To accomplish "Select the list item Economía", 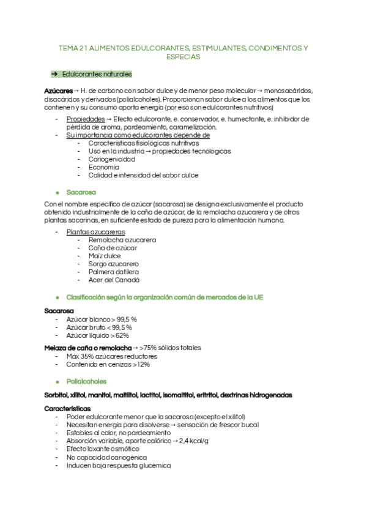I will pos(103,166).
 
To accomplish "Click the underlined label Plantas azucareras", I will pos(95,232).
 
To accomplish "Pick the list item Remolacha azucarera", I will pos(122,240).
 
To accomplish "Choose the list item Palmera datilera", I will pos(114,272).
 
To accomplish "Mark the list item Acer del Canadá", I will pos(114,280).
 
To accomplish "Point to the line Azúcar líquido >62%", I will pos(97,335).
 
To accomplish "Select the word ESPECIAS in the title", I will pos(183,57).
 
